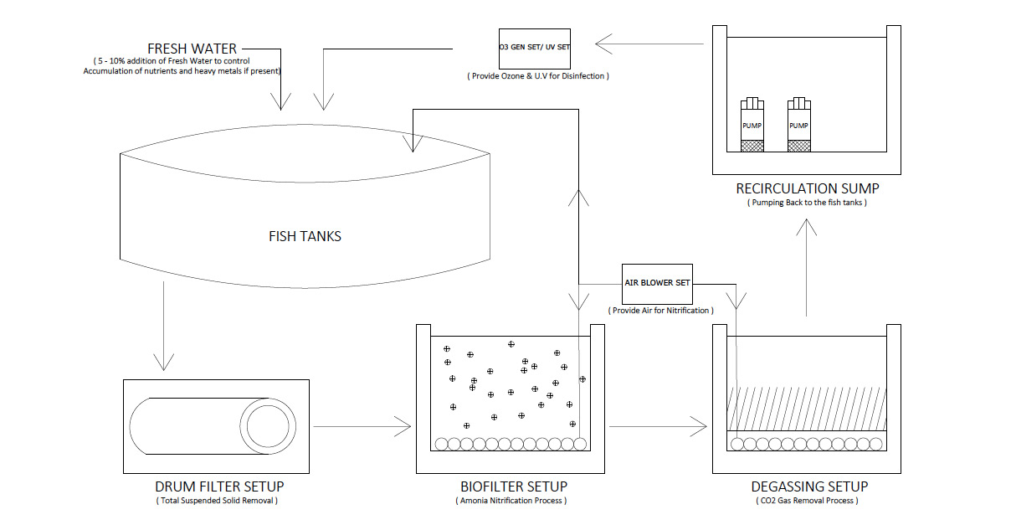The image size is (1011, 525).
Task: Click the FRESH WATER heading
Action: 192,49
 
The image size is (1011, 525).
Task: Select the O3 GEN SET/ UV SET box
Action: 535,49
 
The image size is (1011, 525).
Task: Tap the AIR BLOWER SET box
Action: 657,284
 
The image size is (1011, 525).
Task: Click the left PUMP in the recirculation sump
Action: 752,125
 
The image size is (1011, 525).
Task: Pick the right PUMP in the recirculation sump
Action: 799,125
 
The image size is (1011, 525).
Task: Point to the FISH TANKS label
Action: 305,236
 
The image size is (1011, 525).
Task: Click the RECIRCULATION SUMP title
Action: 808,188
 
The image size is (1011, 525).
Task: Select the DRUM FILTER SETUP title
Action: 219,486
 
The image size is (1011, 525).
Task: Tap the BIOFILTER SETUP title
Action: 514,486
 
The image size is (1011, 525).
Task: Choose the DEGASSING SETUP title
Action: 809,486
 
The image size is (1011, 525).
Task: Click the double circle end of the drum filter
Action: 268,426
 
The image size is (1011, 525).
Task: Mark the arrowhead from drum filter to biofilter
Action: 403,426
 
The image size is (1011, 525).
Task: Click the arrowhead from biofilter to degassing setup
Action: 699,426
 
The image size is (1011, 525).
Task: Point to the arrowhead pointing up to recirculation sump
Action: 807,227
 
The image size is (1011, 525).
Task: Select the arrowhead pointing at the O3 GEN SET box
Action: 603,44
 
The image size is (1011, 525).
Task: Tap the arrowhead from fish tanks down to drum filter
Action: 164,363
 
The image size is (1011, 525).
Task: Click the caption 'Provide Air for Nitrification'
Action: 661,311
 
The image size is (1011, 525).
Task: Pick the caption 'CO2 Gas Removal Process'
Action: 807,501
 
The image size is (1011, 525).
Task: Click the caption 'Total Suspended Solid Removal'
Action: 217,501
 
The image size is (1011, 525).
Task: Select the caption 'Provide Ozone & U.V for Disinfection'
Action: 538,76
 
